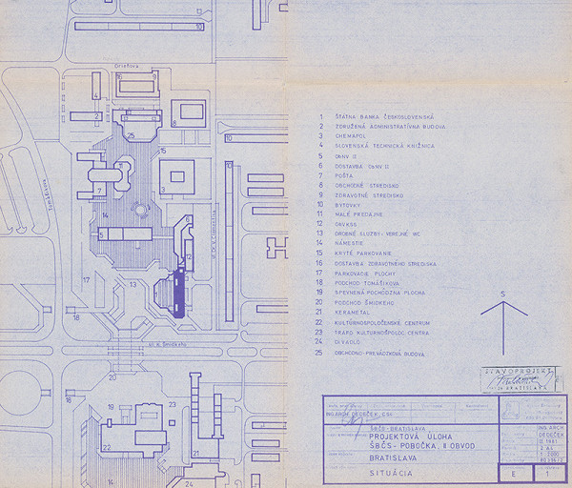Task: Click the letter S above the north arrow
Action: point(503,293)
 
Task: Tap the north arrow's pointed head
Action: point(503,303)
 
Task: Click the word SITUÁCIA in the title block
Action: point(392,471)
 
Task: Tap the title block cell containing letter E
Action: point(515,472)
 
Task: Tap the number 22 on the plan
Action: point(107,446)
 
